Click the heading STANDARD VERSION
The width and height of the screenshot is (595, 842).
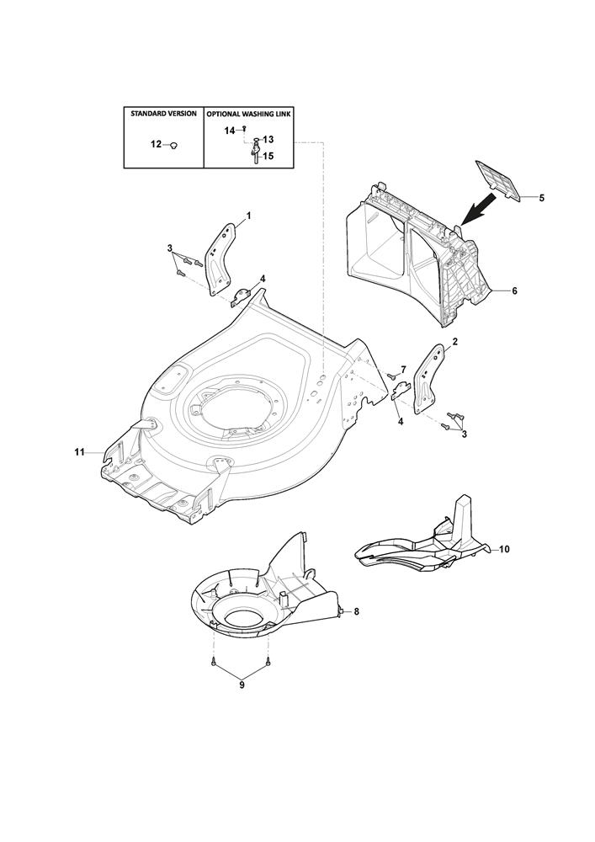(162, 113)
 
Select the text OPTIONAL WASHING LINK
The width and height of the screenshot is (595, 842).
(249, 113)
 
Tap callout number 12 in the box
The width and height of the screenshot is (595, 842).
(156, 145)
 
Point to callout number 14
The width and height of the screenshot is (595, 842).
(229, 131)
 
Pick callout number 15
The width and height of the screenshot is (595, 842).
(269, 156)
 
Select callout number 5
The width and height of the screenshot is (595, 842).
(541, 198)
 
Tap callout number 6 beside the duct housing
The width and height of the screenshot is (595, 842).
(514, 290)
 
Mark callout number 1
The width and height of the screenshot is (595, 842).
(248, 216)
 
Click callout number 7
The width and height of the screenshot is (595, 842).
(403, 369)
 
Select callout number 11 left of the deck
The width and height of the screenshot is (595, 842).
(79, 453)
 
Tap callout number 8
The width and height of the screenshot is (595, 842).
(356, 611)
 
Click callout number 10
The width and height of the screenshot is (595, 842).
(505, 549)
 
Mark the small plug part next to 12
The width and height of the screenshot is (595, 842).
(173, 145)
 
